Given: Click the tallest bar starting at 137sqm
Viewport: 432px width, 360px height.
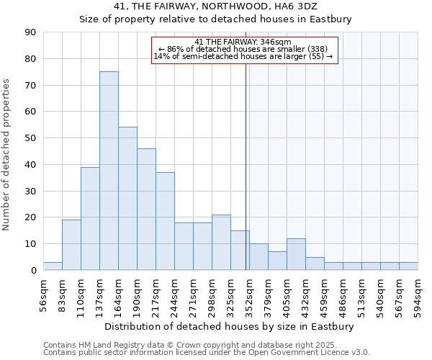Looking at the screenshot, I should pyautogui.click(x=109, y=171).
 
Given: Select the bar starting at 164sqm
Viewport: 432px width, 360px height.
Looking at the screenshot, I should pyautogui.click(x=127, y=199).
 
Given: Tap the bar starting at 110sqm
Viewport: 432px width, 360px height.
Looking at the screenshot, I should pyautogui.click(x=90, y=218).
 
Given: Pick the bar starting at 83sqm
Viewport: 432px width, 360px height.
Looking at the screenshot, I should pyautogui.click(x=71, y=245).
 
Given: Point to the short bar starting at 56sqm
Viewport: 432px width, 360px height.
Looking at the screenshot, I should pyautogui.click(x=53, y=266).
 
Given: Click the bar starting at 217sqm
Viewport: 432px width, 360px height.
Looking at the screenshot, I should pyautogui.click(x=165, y=221).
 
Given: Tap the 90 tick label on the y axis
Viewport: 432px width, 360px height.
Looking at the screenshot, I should pyautogui.click(x=31, y=32).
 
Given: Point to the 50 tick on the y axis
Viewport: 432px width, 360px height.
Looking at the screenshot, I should pyautogui.click(x=31, y=138).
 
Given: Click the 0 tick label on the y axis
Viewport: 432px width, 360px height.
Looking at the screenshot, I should pyautogui.click(x=33, y=271).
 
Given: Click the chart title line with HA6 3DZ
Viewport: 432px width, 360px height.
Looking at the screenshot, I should pyautogui.click(x=216, y=6).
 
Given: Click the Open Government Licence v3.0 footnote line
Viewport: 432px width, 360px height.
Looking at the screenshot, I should pyautogui.click(x=207, y=353).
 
